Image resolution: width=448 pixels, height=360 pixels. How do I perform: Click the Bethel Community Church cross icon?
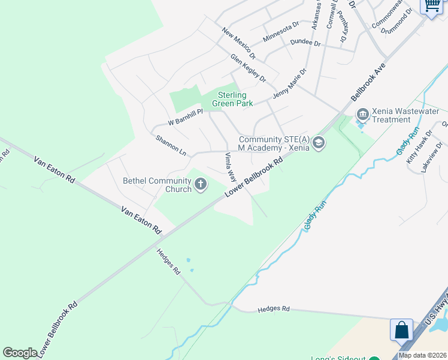click(x=201, y=184)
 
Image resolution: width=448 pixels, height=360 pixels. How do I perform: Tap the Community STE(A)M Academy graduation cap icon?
click(x=319, y=143)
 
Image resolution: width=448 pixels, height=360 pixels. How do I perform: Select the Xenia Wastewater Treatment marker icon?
click(x=362, y=114)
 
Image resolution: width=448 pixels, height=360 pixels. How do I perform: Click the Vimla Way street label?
click(x=230, y=167)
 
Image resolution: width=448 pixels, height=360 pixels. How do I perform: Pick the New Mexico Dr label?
click(x=238, y=43)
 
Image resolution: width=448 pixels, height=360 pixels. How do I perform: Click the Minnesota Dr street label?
click(x=280, y=32)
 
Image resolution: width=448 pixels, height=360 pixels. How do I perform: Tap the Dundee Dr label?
click(x=305, y=43)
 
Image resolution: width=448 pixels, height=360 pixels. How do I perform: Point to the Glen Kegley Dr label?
click(x=248, y=68)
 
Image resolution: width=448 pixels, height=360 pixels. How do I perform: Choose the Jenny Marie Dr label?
click(x=289, y=83)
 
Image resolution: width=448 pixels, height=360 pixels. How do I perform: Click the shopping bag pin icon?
click(x=401, y=329)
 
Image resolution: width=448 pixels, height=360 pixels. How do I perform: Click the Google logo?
click(x=20, y=353)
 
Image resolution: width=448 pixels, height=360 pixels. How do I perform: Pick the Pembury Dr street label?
click(x=343, y=28)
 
